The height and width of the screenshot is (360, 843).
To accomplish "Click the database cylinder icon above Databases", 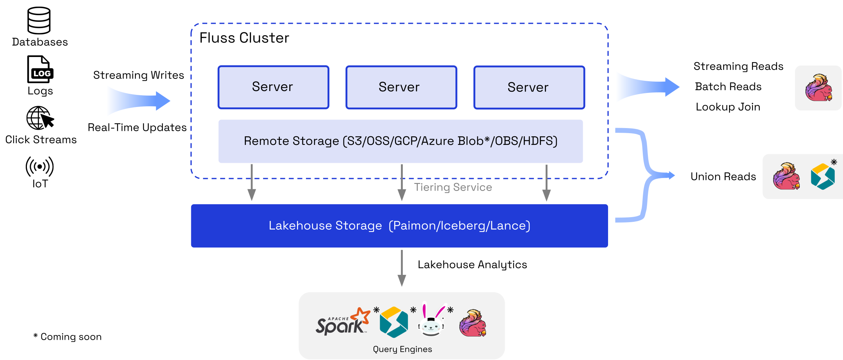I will pyautogui.click(x=39, y=20).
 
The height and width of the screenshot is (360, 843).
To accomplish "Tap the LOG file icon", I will pyautogui.click(x=40, y=70).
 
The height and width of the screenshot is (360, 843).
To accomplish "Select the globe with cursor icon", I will pyautogui.click(x=40, y=118).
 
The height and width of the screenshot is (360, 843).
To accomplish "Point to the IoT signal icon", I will pyautogui.click(x=39, y=167).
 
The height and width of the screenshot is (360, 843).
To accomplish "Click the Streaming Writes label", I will pyautogui.click(x=139, y=75).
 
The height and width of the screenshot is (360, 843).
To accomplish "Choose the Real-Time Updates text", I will pyautogui.click(x=137, y=127).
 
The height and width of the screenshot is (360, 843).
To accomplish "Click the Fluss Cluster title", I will pyautogui.click(x=244, y=38).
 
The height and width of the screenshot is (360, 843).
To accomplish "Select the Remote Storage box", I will pyautogui.click(x=400, y=141).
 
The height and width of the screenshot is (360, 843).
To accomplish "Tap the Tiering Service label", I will pyautogui.click(x=453, y=187).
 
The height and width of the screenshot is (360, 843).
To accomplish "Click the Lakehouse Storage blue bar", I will pyautogui.click(x=399, y=226).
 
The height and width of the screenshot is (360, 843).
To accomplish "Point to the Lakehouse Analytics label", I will pyautogui.click(x=472, y=265).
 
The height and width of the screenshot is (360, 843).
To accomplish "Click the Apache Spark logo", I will pyautogui.click(x=342, y=323).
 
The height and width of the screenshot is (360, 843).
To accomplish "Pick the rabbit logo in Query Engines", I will pyautogui.click(x=432, y=321).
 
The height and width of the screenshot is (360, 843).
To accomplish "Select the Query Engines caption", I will pyautogui.click(x=402, y=349).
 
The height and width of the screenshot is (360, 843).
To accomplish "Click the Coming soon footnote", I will pyautogui.click(x=68, y=337).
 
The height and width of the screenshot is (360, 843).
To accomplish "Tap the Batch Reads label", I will pyautogui.click(x=728, y=87).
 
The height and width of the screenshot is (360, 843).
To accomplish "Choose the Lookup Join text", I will pyautogui.click(x=728, y=107).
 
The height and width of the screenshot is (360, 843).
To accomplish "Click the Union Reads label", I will pyautogui.click(x=723, y=176).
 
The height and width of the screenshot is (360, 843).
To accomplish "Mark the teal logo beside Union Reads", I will pyautogui.click(x=823, y=176).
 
